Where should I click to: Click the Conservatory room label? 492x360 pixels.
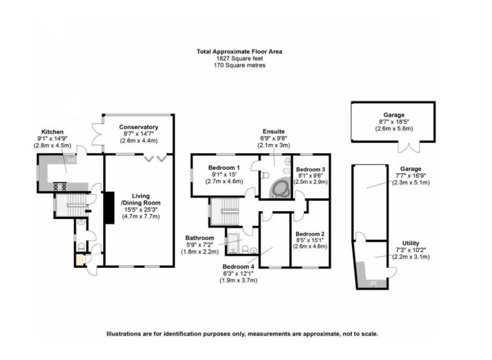click(138, 127)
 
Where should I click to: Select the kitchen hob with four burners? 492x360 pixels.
click(59, 186)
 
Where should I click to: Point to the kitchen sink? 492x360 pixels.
click(70, 158)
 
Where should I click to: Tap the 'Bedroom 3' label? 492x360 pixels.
click(311, 169)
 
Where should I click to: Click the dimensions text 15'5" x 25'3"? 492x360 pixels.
click(141, 209)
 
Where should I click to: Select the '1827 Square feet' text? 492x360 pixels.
click(238, 59)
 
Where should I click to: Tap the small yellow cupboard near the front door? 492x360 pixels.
click(80, 259)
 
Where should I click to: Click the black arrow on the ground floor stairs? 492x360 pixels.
click(87, 211)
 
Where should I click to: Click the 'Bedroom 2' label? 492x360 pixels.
click(310, 234)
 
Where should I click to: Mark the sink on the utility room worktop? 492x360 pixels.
click(373, 284)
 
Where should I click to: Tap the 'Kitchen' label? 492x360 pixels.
click(52, 132)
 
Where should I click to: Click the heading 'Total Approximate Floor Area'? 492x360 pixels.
click(239, 51)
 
